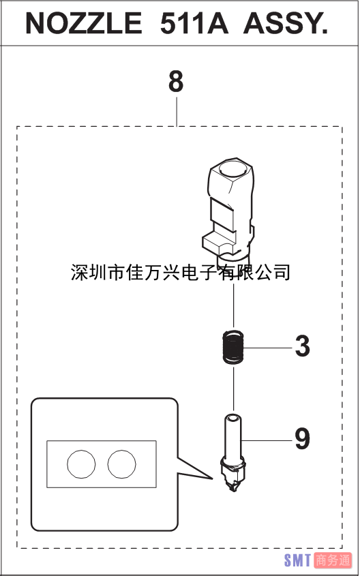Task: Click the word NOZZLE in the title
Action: point(84,22)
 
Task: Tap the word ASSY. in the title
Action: point(286,22)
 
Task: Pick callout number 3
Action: point(302,346)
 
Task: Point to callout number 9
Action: point(302,440)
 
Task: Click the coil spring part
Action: point(234,347)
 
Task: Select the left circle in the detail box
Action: point(81,464)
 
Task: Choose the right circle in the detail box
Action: point(121,464)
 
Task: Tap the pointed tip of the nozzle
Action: point(234,490)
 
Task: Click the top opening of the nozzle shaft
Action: point(233,418)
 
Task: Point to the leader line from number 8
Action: point(177,112)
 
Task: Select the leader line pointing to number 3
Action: point(268,347)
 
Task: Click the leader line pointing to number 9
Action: point(267,440)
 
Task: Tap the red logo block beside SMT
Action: point(333,560)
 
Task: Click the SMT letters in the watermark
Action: point(298,560)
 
